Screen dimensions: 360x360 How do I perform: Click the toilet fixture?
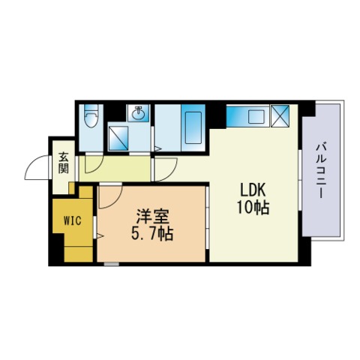tap(91, 118)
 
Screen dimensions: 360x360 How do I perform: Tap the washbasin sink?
tap(139, 114)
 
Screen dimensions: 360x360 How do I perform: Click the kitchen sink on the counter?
tap(255, 116)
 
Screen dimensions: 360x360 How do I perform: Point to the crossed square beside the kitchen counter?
tap(283, 117)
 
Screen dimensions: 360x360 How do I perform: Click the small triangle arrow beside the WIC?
tap(98, 237)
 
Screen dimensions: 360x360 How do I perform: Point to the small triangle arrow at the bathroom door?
tap(156, 148)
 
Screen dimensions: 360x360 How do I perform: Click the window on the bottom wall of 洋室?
tap(111, 264)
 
